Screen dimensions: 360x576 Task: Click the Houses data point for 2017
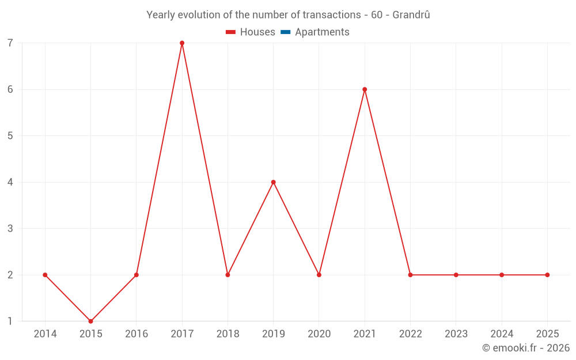182,43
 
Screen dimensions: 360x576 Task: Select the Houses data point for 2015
90,321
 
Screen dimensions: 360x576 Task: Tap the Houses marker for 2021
365,89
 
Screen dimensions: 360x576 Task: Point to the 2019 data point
273,182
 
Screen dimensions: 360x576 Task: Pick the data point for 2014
45,275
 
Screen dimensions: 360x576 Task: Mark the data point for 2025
547,275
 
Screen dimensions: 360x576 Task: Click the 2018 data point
228,275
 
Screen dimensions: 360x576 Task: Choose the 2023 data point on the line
456,275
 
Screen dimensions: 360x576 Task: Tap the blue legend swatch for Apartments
285,32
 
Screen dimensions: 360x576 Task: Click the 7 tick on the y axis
10,43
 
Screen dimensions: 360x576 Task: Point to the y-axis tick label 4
10,182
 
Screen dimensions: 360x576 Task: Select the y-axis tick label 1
10,321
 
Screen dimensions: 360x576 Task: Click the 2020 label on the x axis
319,334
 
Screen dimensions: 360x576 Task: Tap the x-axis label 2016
137,334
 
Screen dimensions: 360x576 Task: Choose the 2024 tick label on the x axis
502,334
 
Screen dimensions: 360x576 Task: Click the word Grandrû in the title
411,15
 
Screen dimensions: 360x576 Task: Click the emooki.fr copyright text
526,348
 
